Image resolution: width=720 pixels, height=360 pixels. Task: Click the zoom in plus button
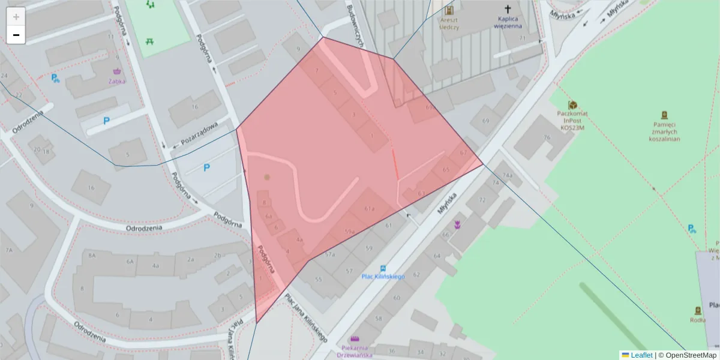[16, 16]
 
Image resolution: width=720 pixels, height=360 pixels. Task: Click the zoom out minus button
[16, 35]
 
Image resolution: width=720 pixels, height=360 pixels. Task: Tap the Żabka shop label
[117, 81]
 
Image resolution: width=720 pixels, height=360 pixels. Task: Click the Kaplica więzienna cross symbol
[508, 10]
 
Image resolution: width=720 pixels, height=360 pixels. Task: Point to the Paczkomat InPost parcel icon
[572, 105]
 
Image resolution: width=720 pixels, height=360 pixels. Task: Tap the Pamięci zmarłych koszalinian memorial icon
[664, 115]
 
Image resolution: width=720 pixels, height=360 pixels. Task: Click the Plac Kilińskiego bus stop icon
[383, 268]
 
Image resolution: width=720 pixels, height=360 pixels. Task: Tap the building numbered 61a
[370, 209]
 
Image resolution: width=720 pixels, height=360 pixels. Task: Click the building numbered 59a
[350, 232]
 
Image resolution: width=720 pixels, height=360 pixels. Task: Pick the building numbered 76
[546, 137]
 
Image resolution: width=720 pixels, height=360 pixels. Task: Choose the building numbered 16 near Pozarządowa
[194, 107]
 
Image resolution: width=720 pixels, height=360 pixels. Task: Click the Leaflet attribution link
[641, 355]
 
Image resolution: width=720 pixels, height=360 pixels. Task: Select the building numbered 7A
[9, 250]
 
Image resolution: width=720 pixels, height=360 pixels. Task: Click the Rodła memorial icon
[698, 311]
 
